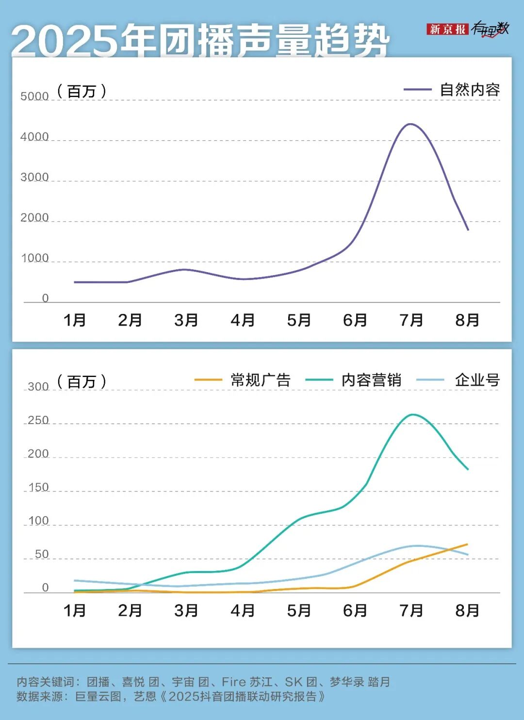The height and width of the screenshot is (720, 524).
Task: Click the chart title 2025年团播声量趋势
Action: [x=200, y=40]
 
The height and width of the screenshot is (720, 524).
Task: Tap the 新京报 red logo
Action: [x=447, y=29]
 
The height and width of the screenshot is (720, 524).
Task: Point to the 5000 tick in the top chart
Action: [x=34, y=96]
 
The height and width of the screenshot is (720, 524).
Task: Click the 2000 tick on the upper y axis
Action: [x=34, y=217]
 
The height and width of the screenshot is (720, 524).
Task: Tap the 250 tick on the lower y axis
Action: [x=38, y=420]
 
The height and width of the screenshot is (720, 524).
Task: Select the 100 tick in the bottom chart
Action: [x=38, y=521]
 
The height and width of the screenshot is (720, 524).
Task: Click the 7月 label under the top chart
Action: [x=411, y=320]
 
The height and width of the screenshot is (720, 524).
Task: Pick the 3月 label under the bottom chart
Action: [x=186, y=610]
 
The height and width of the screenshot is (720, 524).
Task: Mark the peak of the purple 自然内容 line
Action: [x=411, y=124]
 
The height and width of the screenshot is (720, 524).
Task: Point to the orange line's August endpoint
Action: [x=467, y=544]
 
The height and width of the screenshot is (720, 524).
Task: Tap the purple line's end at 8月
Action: [x=468, y=229]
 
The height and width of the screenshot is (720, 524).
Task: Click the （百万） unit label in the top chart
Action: [x=82, y=91]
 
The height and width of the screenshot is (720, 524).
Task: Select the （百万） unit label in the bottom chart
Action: [x=82, y=381]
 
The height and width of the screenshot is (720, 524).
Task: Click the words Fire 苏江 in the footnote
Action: [x=247, y=682]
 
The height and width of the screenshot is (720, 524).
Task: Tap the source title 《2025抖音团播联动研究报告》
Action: [x=242, y=697]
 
